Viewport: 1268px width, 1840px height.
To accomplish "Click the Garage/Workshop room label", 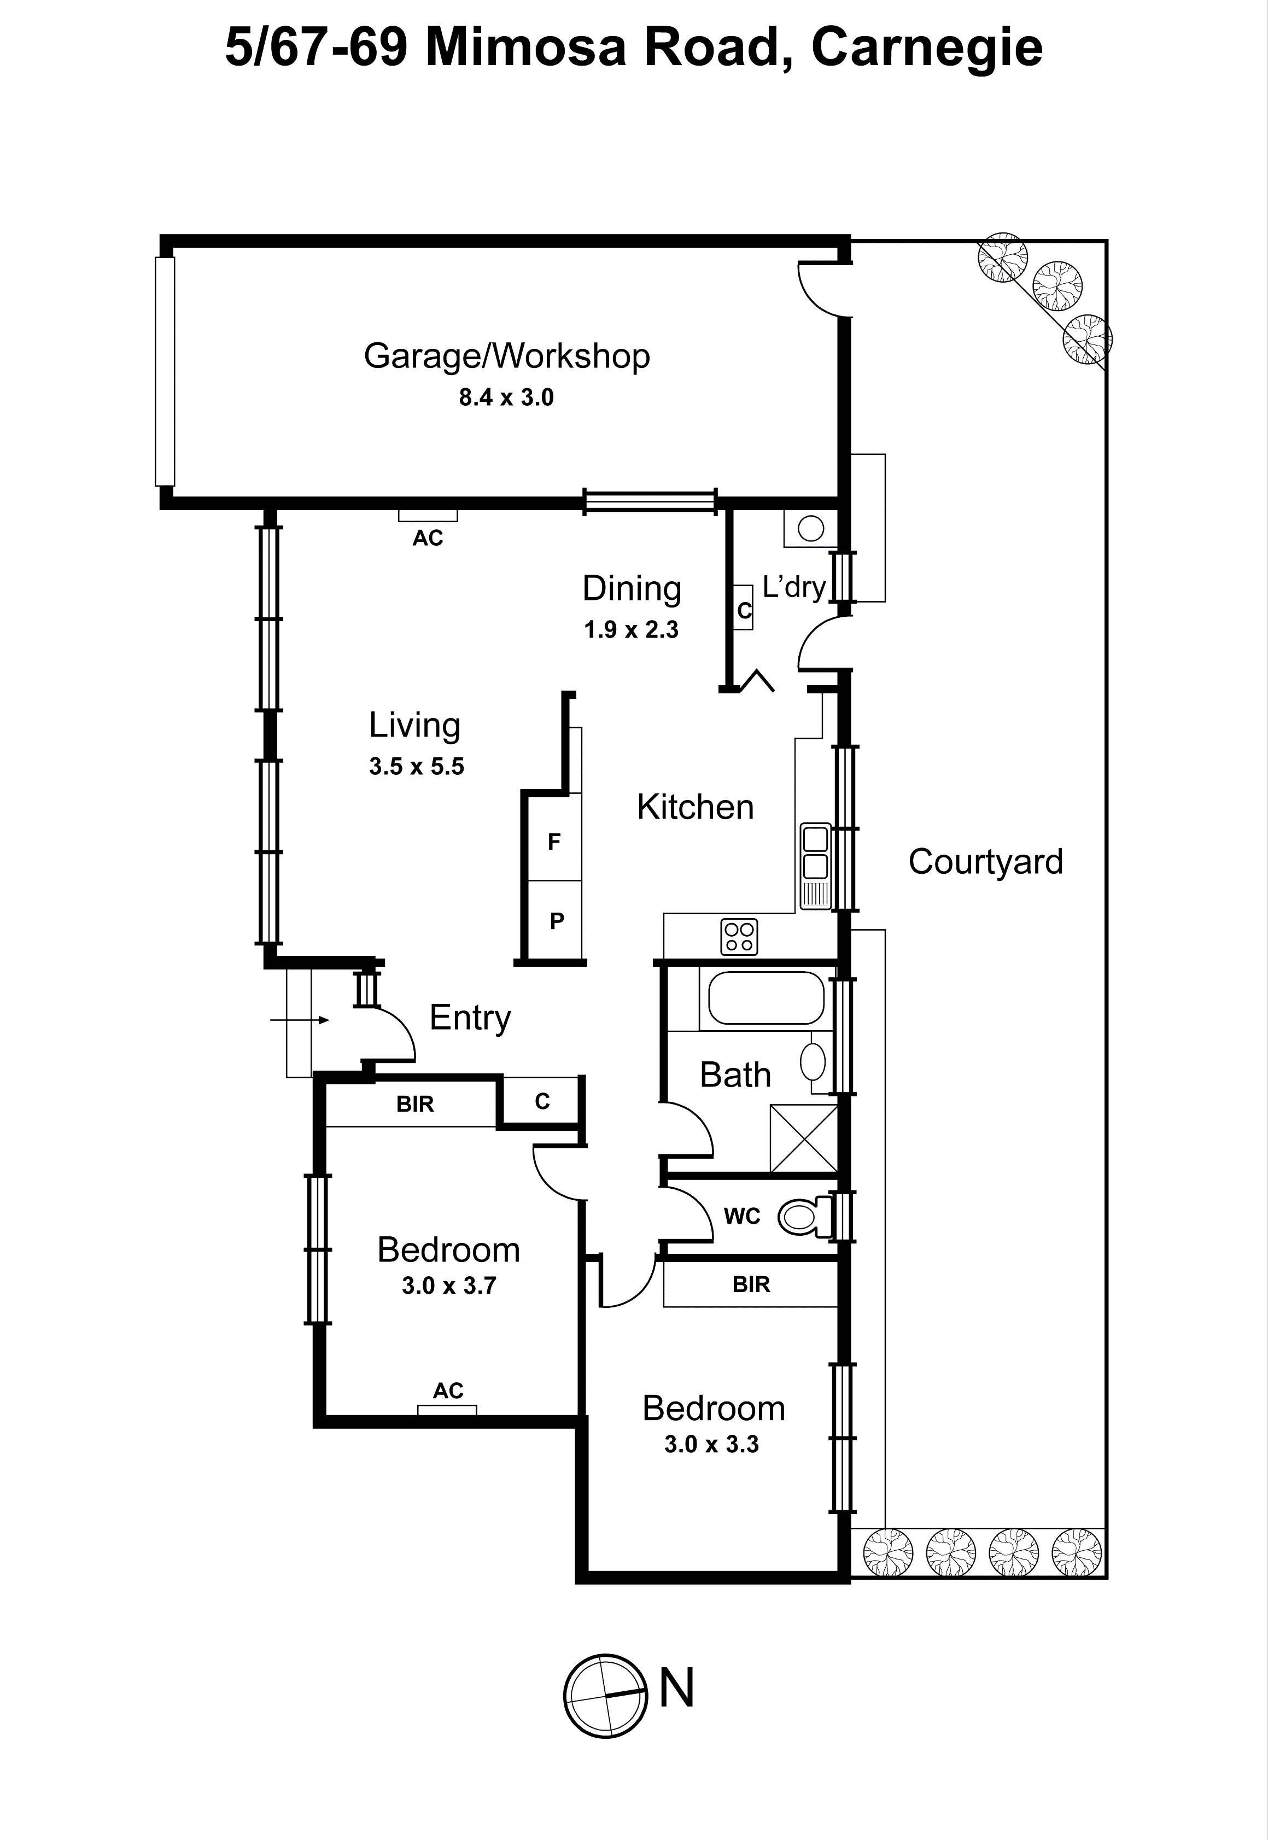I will click(x=506, y=356).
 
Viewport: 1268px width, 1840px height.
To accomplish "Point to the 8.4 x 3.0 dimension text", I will click(x=506, y=397).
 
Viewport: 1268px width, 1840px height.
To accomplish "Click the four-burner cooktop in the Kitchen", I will click(x=739, y=937).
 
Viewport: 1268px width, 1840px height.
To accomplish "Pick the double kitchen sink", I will click(x=815, y=852).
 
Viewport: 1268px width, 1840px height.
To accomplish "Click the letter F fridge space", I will click(x=554, y=842).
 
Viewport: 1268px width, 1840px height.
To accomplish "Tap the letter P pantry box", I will click(x=557, y=921).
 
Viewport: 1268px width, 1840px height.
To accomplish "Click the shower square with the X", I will click(x=803, y=1138).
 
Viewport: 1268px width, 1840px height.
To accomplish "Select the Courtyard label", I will click(x=985, y=862).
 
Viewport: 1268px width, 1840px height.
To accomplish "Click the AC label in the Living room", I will click(x=428, y=539).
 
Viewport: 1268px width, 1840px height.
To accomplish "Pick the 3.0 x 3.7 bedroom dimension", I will click(x=449, y=1286).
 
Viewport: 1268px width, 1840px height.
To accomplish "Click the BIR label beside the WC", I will click(x=751, y=1284).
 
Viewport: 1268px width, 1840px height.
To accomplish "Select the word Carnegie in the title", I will click(x=926, y=48).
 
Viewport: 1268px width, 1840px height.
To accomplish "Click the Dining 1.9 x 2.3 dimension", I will click(x=631, y=630).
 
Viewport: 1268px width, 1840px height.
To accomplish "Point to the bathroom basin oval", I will click(x=813, y=1061).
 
